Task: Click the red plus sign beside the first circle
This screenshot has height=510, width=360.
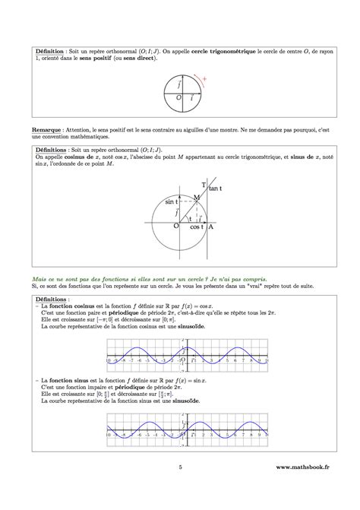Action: tap(205, 78)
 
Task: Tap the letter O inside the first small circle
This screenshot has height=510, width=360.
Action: tap(178, 98)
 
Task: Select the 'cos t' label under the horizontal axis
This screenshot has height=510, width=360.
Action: tap(197, 227)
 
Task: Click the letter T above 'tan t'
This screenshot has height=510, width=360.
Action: tap(204, 185)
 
